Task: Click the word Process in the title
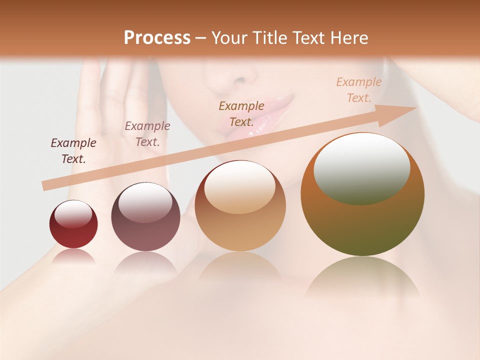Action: pos(157,38)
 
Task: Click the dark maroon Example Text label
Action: pos(73,151)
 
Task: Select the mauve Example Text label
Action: pos(147,134)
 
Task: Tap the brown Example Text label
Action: pos(241,113)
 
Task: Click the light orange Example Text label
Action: pos(358,90)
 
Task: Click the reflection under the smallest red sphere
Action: pos(73,256)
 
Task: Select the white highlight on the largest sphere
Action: pos(361,167)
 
